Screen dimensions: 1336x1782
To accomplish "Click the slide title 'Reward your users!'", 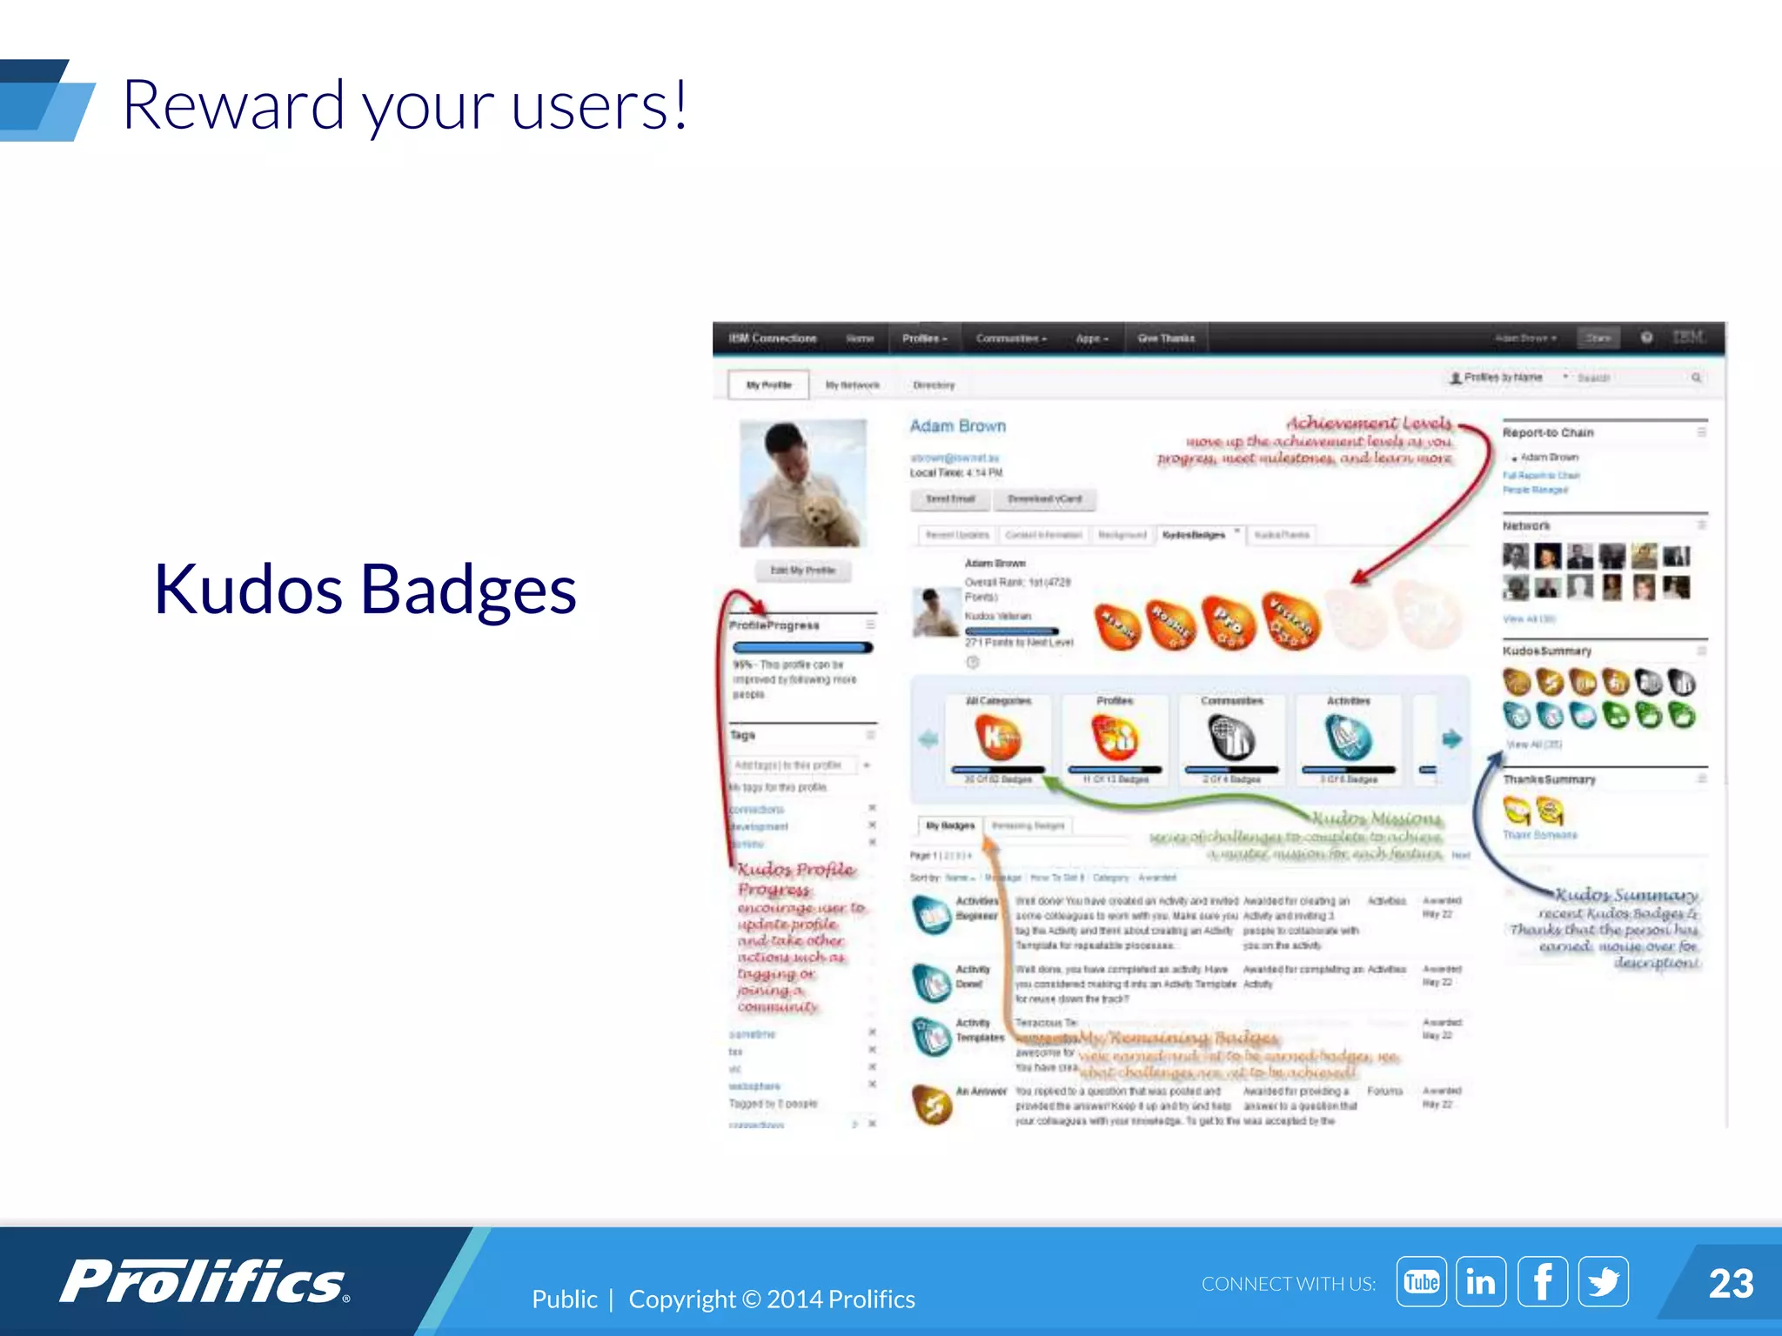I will tap(405, 105).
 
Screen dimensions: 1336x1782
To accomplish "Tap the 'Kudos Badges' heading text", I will tap(365, 590).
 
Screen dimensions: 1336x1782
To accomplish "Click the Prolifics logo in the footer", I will tap(204, 1282).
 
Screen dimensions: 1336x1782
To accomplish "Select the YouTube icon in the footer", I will tap(1421, 1282).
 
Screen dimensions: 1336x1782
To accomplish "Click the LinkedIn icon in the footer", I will tap(1481, 1282).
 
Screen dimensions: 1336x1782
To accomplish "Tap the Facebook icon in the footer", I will tap(1542, 1282).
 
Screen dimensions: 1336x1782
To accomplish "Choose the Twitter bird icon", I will tap(1603, 1282).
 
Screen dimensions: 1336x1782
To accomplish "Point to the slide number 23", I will tap(1731, 1284).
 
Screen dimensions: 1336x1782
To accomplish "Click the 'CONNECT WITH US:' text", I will tap(1288, 1284).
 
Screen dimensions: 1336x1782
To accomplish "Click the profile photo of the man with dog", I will tap(802, 484).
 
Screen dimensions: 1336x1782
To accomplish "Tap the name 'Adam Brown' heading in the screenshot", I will tap(957, 426).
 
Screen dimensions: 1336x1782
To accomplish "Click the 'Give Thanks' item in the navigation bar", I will tap(1166, 338).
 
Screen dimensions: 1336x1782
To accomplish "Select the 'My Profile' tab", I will tap(768, 384).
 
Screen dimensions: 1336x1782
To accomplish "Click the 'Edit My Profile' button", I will tap(802, 571).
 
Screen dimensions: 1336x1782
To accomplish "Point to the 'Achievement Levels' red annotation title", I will tap(1369, 423).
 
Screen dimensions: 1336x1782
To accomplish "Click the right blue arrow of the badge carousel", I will tap(1451, 739).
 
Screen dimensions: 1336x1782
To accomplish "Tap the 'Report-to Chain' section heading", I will tap(1547, 432).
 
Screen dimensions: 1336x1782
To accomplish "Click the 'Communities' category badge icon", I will tap(1231, 738).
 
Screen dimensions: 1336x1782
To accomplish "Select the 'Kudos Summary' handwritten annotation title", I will tap(1625, 895).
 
